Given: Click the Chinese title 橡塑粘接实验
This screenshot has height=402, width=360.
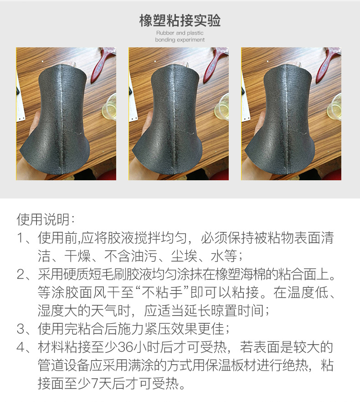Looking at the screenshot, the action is (x=180, y=20).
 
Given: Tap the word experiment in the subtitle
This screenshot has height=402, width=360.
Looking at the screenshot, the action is (x=190, y=40).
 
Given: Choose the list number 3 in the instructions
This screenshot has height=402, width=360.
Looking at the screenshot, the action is (x=21, y=329).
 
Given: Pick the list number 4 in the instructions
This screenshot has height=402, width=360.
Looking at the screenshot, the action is (x=21, y=347).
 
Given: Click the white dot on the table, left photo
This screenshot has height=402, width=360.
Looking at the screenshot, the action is (x=42, y=61).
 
